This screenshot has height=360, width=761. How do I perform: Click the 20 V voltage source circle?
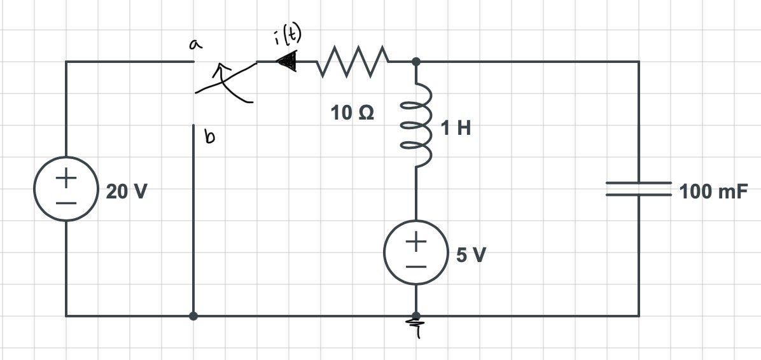tap(66, 190)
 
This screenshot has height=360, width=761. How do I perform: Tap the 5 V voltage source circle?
tap(416, 253)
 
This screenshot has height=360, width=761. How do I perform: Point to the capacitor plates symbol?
tap(638, 189)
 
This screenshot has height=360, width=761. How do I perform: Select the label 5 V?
tap(471, 256)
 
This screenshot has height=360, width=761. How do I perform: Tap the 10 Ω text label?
tap(353, 113)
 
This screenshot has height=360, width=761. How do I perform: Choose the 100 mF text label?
tap(712, 191)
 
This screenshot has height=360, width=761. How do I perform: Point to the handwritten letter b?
tap(208, 137)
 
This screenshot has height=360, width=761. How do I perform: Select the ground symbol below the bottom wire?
tap(416, 329)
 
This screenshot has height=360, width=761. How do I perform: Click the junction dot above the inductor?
tap(415, 62)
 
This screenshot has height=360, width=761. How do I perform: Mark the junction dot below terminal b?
tap(193, 315)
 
